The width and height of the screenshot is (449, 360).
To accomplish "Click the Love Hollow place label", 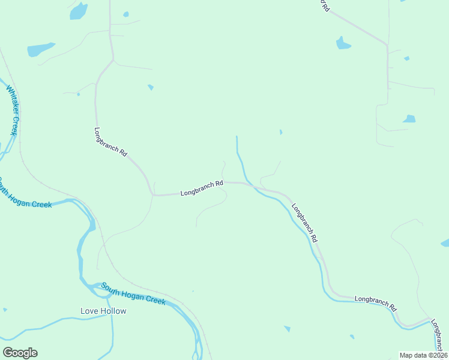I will [x=103, y=311].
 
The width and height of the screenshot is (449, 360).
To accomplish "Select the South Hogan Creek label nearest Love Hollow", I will [x=133, y=294].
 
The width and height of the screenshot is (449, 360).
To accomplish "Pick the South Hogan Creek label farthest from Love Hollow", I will [x=25, y=193].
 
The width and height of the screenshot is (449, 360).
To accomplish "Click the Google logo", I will [x=20, y=353].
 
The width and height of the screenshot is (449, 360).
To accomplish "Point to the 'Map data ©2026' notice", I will [x=424, y=355].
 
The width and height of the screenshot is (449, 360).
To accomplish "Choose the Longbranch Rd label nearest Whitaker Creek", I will [x=111, y=142].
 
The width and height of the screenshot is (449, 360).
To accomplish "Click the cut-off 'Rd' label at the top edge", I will [x=324, y=6].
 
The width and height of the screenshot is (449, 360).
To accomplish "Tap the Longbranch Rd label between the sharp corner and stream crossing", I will [x=202, y=188].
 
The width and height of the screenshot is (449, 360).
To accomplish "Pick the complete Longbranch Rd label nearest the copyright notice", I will [x=376, y=303].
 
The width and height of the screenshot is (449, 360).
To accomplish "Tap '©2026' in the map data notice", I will [x=436, y=355].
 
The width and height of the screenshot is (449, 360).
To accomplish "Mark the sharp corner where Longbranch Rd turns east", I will [x=152, y=194].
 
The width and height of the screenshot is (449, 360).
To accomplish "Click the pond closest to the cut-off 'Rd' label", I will [x=343, y=43].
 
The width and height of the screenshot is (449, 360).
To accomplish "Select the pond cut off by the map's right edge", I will [x=445, y=242].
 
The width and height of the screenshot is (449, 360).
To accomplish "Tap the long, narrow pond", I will [x=40, y=49].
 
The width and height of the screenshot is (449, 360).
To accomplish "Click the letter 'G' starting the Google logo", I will [x=7, y=353].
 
